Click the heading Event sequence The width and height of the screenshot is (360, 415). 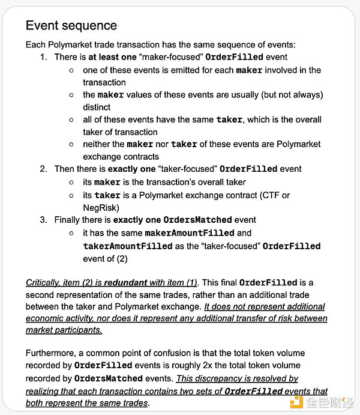click(x=71, y=26)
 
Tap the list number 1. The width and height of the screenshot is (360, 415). click(x=43, y=57)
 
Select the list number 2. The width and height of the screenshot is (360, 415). click(x=43, y=169)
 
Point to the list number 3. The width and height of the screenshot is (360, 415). click(x=43, y=220)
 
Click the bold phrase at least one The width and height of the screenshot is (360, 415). click(x=110, y=57)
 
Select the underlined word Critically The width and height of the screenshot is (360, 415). click(x=43, y=282)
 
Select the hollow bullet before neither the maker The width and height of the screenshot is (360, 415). click(x=71, y=145)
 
